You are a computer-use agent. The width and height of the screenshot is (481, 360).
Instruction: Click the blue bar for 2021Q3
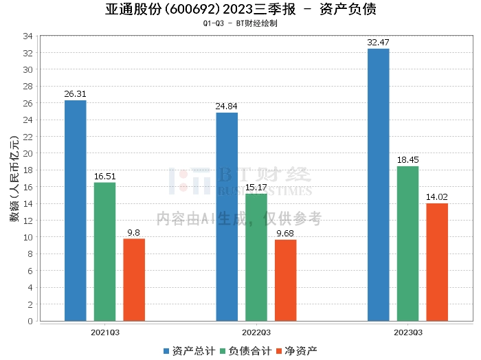pyautogui.click(x=75, y=210)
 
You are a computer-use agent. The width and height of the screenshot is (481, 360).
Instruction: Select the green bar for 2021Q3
pyautogui.click(x=104, y=251)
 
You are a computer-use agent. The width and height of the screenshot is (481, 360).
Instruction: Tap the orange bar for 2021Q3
pyautogui.click(x=134, y=280)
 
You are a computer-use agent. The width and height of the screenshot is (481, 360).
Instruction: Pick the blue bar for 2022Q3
pyautogui.click(x=227, y=216)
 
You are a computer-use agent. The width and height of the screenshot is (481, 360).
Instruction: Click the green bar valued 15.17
pyautogui.click(x=256, y=257)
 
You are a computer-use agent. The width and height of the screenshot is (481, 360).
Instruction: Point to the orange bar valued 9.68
pyautogui.click(x=286, y=280)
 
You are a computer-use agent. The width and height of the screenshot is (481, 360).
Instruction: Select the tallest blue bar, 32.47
pyautogui.click(x=378, y=185)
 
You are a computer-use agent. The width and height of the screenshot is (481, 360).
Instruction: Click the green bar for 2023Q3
pyautogui.click(x=407, y=243)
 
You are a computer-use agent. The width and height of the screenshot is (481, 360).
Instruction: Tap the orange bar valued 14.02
pyautogui.click(x=437, y=262)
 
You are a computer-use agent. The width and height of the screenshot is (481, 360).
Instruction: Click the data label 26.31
pyautogui.click(x=75, y=93)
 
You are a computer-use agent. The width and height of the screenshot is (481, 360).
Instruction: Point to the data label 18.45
pyautogui.click(x=407, y=159)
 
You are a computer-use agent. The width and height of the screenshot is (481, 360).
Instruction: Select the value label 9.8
pyautogui.click(x=134, y=232)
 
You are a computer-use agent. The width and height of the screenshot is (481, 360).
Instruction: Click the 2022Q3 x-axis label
pyautogui.click(x=256, y=331)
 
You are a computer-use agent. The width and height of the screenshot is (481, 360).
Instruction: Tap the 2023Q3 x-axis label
pyautogui.click(x=407, y=331)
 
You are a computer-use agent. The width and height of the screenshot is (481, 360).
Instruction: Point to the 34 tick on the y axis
pyautogui.click(x=29, y=36)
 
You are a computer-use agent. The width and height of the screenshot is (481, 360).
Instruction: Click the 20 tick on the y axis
pyautogui.click(x=29, y=153)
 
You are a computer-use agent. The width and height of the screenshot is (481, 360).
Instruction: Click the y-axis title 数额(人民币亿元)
pyautogui.click(x=14, y=178)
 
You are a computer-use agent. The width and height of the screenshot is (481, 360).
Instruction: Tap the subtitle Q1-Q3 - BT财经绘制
pyautogui.click(x=240, y=23)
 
